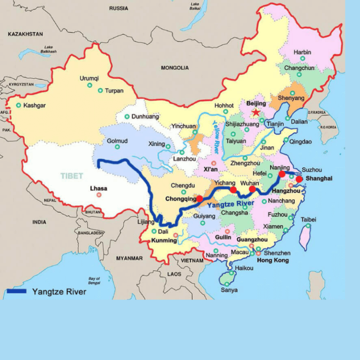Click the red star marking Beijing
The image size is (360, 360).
256,112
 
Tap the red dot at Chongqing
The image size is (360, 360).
200,199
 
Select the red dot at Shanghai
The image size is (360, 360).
299,179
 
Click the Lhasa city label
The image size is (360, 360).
98,189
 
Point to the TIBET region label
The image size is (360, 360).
72,176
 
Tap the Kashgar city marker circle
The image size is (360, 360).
19,105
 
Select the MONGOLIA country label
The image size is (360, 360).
175,68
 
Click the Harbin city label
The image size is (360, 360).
302,52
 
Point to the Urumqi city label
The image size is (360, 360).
89,78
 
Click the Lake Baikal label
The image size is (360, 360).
195,6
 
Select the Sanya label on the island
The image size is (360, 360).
229,290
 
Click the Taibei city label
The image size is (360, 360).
308,219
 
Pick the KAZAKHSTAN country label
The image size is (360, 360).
25,34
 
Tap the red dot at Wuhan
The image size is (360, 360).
252,189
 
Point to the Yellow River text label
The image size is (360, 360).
216,136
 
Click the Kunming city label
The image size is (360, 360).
164,241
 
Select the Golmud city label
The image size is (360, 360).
117,141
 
